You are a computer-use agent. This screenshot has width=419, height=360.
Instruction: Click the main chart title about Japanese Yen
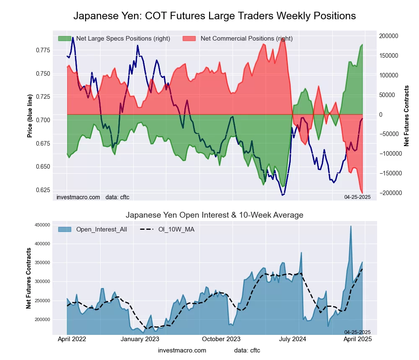point(215,16)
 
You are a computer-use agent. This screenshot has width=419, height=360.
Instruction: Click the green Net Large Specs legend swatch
point(65,39)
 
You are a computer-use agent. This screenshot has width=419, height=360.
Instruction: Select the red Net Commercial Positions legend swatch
point(189,39)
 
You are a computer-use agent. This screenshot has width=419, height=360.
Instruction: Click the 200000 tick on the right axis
point(389,36)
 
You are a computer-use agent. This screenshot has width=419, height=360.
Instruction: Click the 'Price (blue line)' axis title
point(30,116)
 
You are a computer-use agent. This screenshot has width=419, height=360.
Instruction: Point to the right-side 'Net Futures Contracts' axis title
point(406,116)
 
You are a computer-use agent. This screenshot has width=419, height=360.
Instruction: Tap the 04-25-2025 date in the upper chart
point(357,197)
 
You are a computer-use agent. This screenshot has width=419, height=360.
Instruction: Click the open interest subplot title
point(215,215)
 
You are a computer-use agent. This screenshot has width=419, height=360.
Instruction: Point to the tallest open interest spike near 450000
point(351,226)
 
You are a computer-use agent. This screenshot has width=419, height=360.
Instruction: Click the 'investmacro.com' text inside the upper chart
point(78,197)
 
